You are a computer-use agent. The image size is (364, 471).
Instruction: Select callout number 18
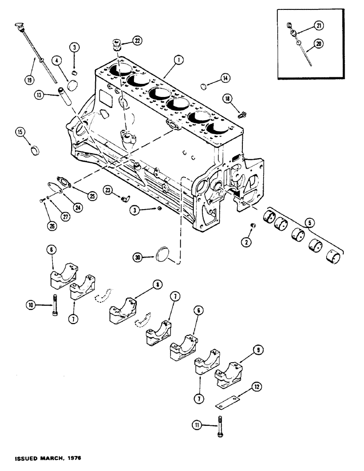228,98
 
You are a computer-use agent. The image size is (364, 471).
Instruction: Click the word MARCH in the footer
52,457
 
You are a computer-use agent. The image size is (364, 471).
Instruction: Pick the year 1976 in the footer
78,457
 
